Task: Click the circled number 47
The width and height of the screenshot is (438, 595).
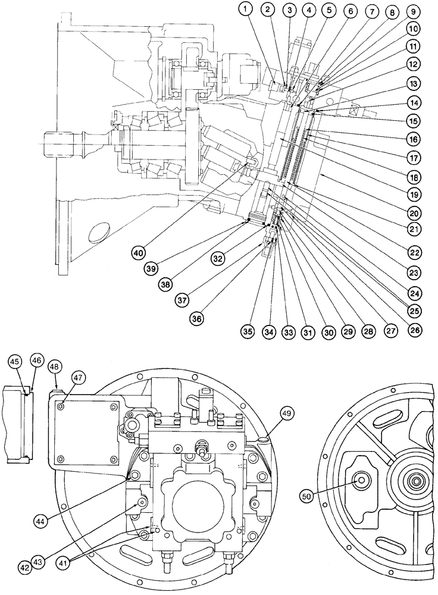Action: tap(79, 377)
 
